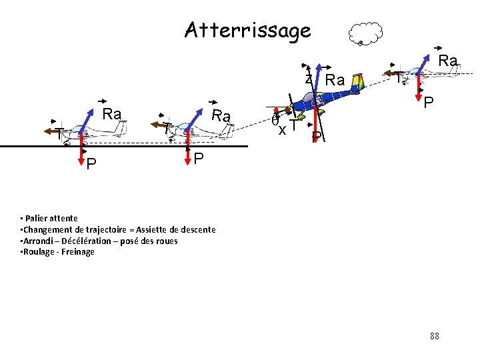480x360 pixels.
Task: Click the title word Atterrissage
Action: [247, 30]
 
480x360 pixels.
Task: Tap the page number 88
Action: [435, 336]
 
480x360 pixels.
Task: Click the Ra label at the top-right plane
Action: [448, 61]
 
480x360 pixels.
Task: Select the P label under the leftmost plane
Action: [91, 163]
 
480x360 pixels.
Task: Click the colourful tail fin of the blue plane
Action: [359, 81]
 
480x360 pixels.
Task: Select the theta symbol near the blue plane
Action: [275, 121]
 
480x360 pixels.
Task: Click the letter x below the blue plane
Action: [283, 129]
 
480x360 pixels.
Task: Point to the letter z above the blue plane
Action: [308, 78]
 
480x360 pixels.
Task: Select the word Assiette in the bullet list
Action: [126, 229]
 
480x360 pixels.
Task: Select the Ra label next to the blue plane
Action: [335, 81]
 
